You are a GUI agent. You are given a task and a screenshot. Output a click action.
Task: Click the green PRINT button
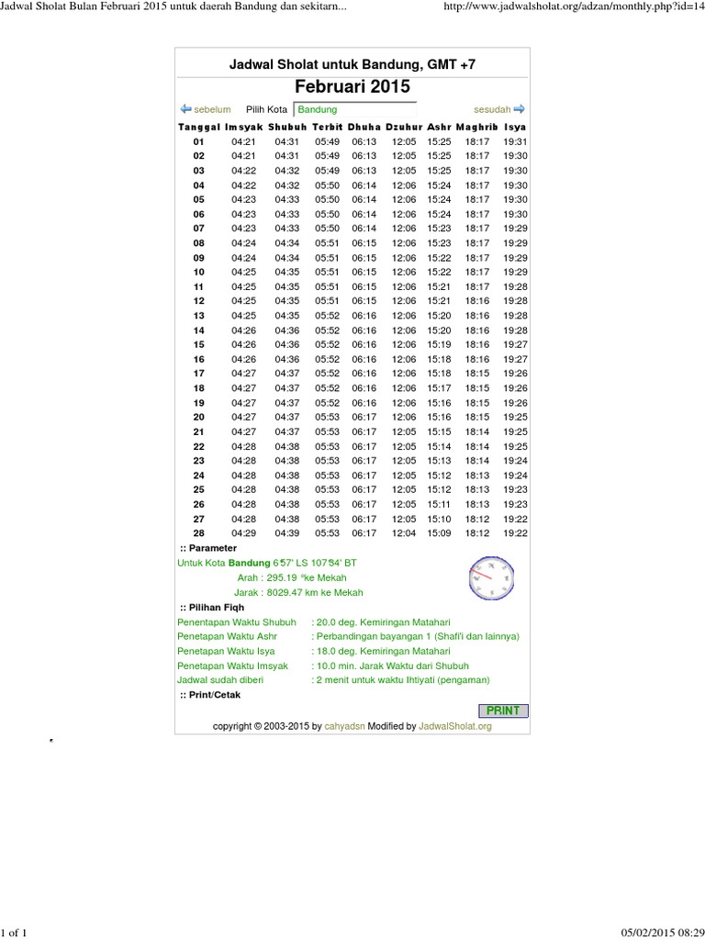pos(503,711)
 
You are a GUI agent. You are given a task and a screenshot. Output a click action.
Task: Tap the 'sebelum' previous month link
pos(207,109)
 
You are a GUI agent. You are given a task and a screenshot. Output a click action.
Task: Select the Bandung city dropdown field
pos(354,109)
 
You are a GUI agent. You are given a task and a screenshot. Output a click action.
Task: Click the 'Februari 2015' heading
pos(352,86)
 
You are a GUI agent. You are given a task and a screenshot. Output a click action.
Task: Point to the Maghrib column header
pos(476,127)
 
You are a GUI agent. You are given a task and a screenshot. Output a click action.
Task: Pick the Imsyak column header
pos(243,127)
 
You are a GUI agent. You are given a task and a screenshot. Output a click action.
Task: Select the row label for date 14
pos(199,330)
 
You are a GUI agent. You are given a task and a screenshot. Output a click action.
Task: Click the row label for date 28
pos(199,532)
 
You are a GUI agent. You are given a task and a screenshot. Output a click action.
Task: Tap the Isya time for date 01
pos(516,142)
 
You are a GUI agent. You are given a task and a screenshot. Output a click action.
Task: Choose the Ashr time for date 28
pos(440,532)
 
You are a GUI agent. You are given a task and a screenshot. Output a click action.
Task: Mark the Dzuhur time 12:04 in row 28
pos(404,532)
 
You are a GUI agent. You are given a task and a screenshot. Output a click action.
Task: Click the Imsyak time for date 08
pos(243,243)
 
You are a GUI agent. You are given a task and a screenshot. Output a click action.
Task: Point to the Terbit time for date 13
pos(327,316)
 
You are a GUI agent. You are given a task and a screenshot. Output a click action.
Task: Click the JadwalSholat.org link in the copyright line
pos(455,726)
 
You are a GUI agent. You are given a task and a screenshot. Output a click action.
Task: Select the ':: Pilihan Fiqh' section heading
pos(211,608)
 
